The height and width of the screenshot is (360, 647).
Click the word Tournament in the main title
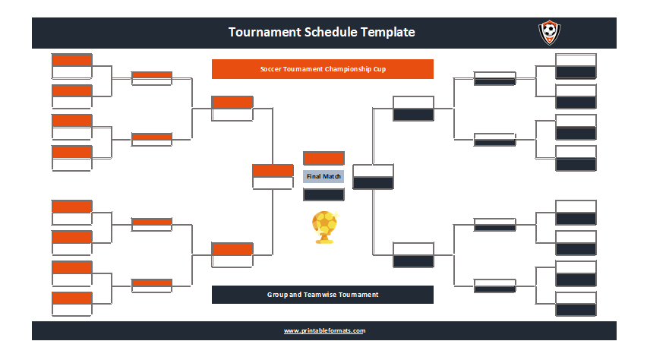click(264, 32)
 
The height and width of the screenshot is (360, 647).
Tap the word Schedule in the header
click(330, 32)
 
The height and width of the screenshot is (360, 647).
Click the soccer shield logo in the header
click(549, 33)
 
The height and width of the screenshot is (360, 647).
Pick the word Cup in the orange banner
click(380, 69)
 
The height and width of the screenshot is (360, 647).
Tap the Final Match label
click(323, 176)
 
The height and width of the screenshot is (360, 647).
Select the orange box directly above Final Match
click(323, 158)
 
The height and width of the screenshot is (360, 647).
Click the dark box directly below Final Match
click(323, 194)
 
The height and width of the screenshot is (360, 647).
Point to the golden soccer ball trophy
click(325, 227)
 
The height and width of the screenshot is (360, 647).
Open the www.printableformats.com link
click(324, 330)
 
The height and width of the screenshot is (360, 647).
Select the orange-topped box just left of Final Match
click(273, 177)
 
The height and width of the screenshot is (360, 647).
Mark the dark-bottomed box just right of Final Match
click(373, 177)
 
